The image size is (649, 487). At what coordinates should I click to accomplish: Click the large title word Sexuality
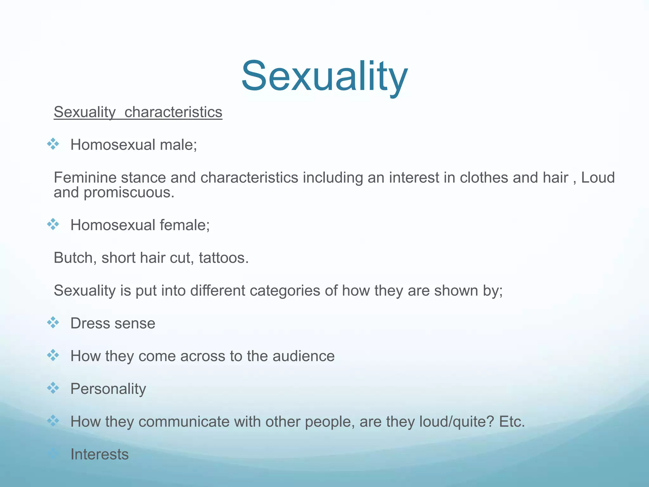tap(324, 77)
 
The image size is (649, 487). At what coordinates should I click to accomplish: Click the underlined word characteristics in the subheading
tap(173, 112)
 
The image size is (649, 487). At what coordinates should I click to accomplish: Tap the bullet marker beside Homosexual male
tap(53, 144)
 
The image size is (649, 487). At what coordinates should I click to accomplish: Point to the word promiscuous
tap(129, 193)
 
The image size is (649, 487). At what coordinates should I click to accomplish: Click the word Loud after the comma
tap(598, 178)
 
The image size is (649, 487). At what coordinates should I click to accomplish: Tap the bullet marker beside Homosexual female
tap(53, 224)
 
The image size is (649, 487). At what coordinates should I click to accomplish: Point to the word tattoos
tap(224, 258)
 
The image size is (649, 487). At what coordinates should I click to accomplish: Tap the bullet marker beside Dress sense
tap(53, 323)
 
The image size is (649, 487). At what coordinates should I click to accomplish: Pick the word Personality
tap(108, 389)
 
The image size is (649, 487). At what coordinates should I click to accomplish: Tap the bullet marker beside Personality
tap(53, 388)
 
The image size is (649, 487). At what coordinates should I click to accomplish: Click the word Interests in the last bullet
tap(100, 454)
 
